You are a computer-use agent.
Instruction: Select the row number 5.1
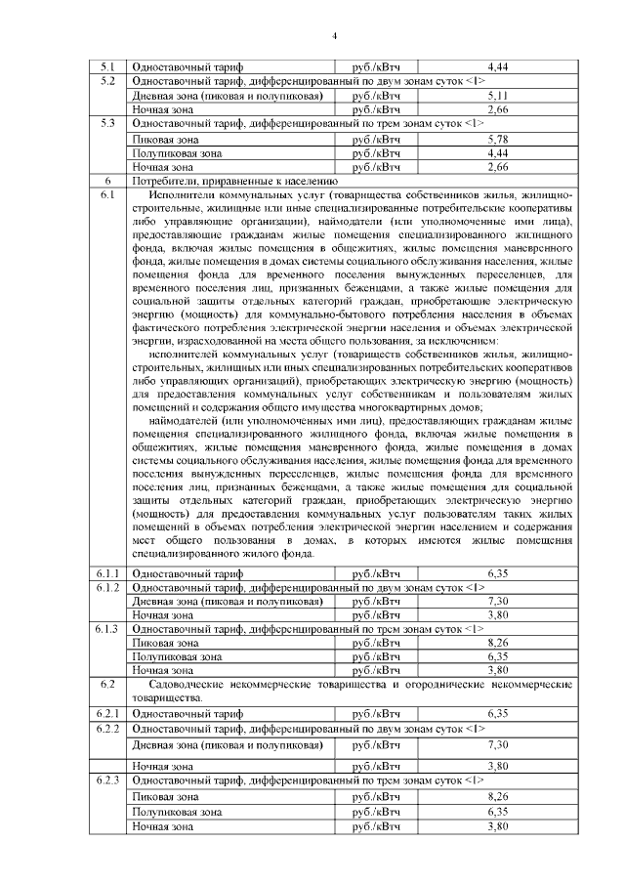coord(107,66)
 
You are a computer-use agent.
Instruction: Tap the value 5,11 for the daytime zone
coord(498,97)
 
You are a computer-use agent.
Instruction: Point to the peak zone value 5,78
coord(498,141)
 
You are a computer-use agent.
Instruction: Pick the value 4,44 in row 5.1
coord(498,66)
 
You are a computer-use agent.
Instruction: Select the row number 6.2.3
coord(107,782)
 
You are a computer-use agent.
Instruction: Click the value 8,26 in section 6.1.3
coord(498,643)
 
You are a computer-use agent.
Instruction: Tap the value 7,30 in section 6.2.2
coord(498,744)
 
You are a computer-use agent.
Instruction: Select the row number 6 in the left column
coord(107,181)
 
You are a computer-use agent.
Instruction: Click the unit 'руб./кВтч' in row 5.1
coord(376,66)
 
